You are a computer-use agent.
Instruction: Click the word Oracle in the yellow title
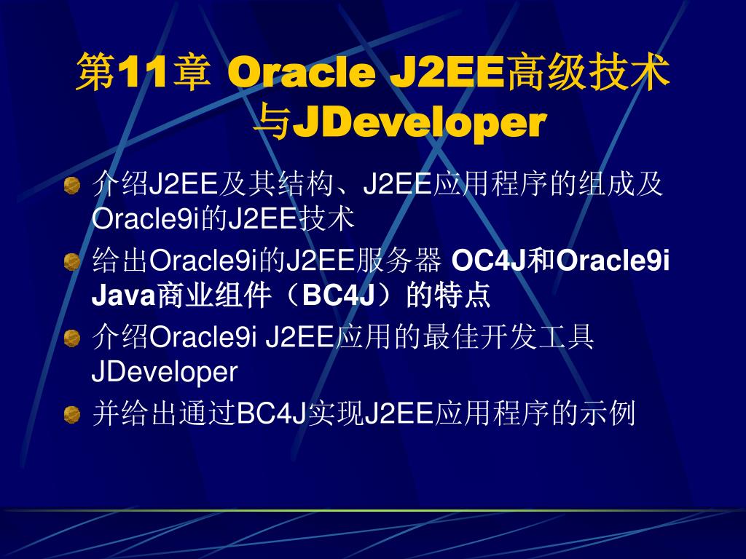301,72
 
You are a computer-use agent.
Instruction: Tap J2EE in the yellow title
447,72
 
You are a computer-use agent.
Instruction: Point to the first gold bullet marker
72,186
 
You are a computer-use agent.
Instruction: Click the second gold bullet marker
72,262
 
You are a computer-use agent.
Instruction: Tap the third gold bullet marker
72,338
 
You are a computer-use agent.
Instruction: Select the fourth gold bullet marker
72,414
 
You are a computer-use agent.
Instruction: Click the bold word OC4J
491,261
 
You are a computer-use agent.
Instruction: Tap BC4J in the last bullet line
271,413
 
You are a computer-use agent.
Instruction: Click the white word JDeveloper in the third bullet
165,372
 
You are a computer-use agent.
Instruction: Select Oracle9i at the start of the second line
146,219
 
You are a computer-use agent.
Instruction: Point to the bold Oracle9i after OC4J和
613,261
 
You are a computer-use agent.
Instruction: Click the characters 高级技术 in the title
588,72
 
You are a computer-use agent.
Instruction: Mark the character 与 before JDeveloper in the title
272,124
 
